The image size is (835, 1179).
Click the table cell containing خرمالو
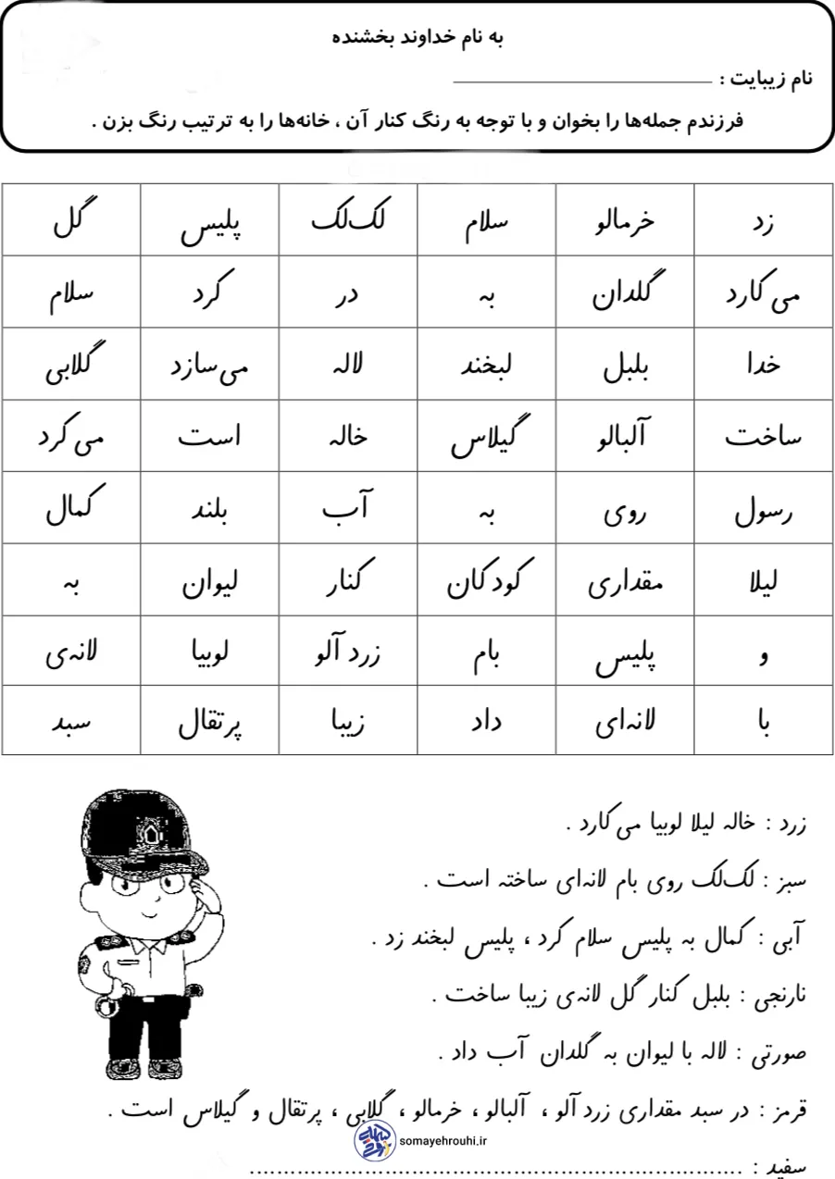point(625,220)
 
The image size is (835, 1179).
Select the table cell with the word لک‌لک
point(348,220)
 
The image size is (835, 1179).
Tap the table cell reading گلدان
point(625,292)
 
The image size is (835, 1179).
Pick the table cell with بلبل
point(625,364)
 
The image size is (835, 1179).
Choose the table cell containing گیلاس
point(486,436)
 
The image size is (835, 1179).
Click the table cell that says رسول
point(764,508)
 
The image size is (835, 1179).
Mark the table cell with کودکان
point(486,580)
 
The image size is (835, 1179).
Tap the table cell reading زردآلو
point(348,652)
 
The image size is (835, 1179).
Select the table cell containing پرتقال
point(210,721)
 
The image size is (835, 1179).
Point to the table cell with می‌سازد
point(210,364)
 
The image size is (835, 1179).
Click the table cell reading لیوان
point(210,580)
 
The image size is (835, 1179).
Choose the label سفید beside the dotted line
point(790,1166)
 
